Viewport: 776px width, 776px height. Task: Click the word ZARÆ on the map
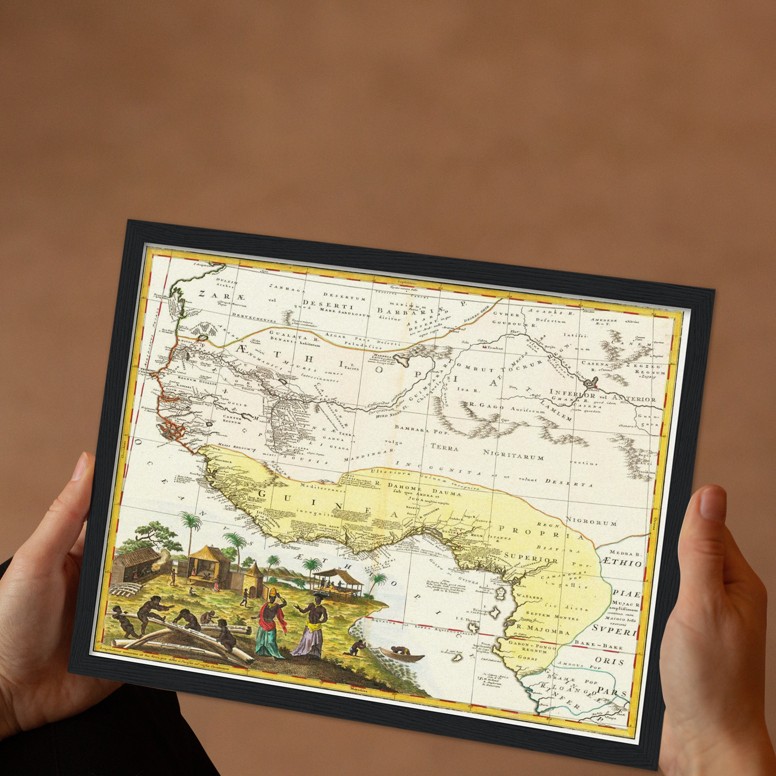tap(214, 294)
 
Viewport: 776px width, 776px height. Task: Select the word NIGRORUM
tap(591, 521)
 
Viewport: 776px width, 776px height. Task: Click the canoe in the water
tap(402, 655)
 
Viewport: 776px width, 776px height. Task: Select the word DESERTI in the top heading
tap(320, 303)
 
